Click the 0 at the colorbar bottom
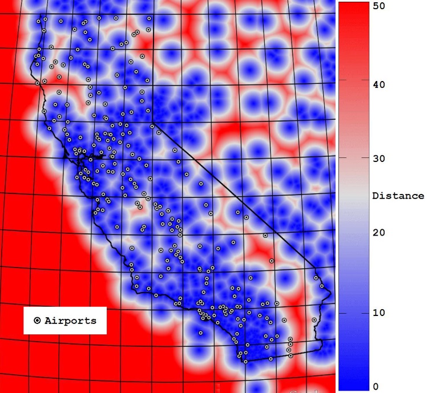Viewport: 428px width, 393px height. pyautogui.click(x=375, y=387)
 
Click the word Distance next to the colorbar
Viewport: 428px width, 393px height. pyautogui.click(x=398, y=196)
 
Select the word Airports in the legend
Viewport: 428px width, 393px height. pyautogui.click(x=71, y=321)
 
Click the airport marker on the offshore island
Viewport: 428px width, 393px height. pyautogui.click(x=201, y=333)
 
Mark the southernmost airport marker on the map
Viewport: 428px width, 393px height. pyautogui.click(x=245, y=362)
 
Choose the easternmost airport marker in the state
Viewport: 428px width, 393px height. pyautogui.click(x=322, y=286)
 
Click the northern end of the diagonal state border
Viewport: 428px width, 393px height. pyautogui.click(x=152, y=125)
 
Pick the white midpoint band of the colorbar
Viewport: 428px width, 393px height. pyautogui.click(x=353, y=196)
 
